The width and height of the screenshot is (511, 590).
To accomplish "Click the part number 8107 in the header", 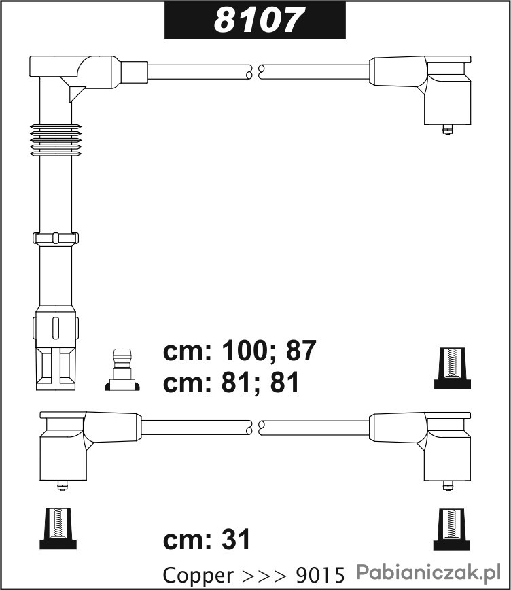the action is click(x=258, y=20).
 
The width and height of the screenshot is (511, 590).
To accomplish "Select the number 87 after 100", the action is click(x=301, y=351).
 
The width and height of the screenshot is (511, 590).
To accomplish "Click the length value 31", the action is click(x=236, y=539).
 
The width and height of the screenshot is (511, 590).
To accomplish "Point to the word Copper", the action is click(x=198, y=575).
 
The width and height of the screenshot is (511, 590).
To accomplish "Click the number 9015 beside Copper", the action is click(x=321, y=575).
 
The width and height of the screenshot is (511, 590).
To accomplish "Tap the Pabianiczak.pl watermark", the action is click(x=429, y=572).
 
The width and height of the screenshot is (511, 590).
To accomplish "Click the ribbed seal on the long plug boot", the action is click(x=56, y=140).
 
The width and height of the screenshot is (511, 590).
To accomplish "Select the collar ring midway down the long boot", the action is click(x=56, y=239).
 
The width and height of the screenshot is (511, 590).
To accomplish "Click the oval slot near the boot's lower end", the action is click(x=56, y=328).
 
